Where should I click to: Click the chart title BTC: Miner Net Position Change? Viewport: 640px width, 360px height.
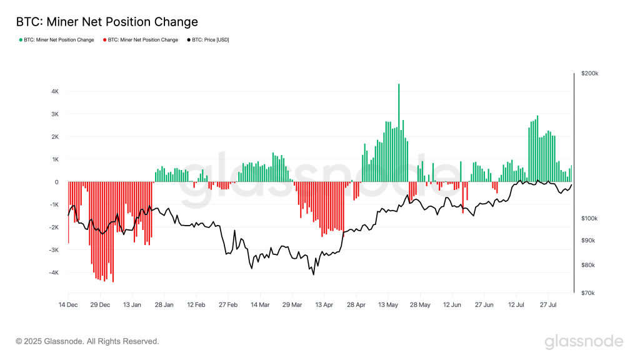pyautogui.click(x=107, y=22)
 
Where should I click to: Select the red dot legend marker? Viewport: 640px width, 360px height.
pyautogui.click(x=104, y=40)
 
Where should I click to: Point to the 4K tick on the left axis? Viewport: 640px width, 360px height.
pyautogui.click(x=55, y=91)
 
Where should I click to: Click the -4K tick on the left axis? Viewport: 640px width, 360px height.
pyautogui.click(x=54, y=272)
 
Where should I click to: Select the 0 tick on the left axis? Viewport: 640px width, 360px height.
pyautogui.click(x=57, y=182)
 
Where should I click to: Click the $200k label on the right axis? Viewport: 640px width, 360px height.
pyautogui.click(x=590, y=74)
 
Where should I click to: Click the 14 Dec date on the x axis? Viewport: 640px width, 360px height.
pyautogui.click(x=68, y=305)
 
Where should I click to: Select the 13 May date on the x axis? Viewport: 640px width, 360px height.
pyautogui.click(x=388, y=305)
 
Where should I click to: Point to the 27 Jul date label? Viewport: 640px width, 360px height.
pyautogui.click(x=548, y=305)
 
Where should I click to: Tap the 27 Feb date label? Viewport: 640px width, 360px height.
pyautogui.click(x=228, y=305)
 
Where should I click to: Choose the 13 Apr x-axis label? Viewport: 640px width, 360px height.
pyautogui.click(x=324, y=305)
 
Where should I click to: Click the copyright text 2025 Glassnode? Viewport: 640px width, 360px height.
pyautogui.click(x=87, y=341)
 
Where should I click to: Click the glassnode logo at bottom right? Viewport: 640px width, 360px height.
pyautogui.click(x=583, y=341)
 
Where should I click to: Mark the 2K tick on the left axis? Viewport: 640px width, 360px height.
pyautogui.click(x=55, y=137)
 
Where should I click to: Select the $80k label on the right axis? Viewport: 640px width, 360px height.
pyautogui.click(x=588, y=265)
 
